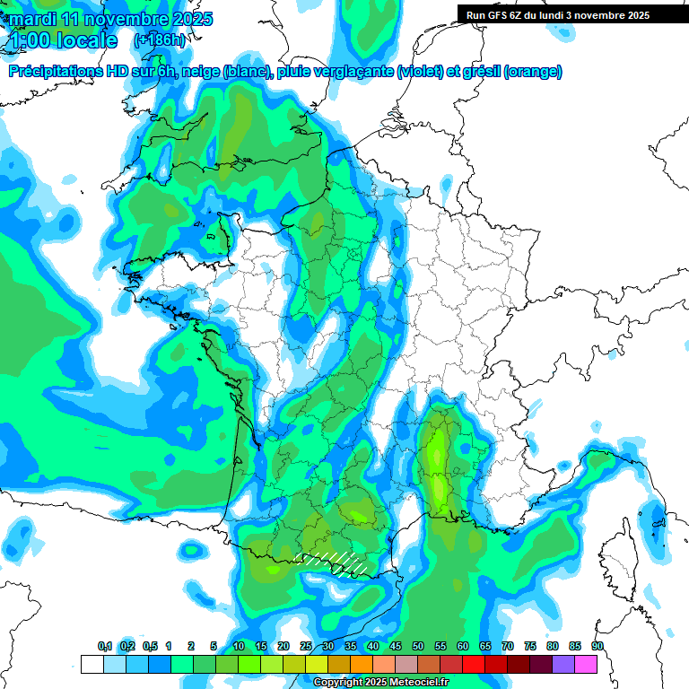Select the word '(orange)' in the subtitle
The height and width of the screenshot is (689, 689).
[533, 72]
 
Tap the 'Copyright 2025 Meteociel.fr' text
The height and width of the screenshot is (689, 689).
[380, 683]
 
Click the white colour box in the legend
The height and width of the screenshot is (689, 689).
[92, 664]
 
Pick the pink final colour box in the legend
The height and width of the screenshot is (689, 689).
[586, 664]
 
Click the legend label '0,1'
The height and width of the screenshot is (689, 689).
[105, 647]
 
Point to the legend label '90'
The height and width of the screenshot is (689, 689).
[597, 647]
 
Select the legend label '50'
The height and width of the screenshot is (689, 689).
[418, 647]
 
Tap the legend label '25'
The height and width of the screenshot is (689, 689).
[306, 647]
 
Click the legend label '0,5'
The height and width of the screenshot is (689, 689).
[150, 647]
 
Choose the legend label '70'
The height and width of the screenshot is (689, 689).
[508, 647]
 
